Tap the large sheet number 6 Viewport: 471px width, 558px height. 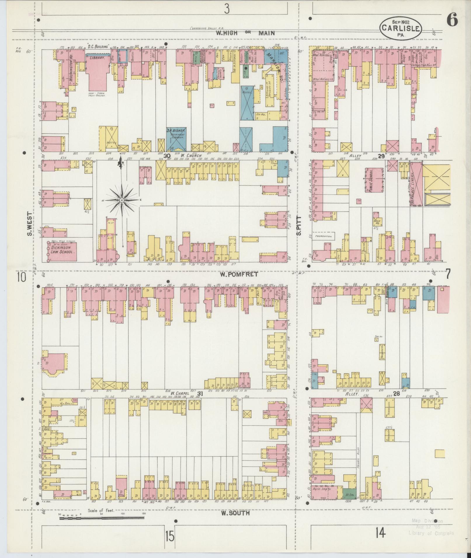[452, 20]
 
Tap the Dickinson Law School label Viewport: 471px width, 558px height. [62, 249]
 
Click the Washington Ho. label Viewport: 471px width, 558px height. [71, 69]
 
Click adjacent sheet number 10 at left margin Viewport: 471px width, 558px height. [21, 277]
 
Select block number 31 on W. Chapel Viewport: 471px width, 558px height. [200, 393]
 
